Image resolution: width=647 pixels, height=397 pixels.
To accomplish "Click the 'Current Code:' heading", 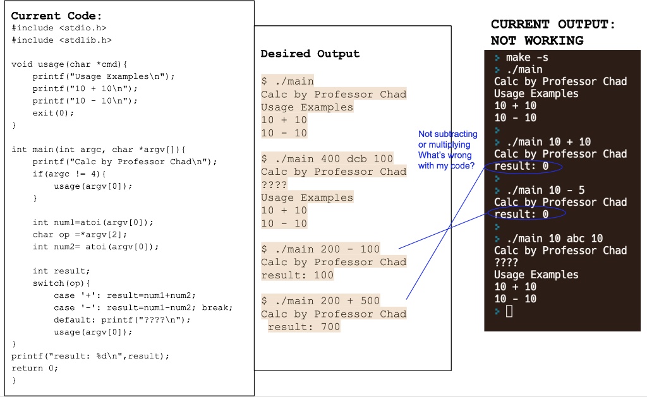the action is point(56,16).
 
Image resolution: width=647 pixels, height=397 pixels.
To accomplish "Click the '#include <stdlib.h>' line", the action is point(61,40).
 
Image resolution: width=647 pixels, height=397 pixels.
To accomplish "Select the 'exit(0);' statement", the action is point(53,112).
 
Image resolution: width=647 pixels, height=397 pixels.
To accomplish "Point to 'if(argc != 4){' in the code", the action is point(70,174).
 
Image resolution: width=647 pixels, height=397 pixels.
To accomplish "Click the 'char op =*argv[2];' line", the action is point(80,235).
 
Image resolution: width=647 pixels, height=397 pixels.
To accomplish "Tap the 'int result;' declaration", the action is point(61,271).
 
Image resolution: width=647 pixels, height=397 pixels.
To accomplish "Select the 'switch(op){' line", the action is point(61,283).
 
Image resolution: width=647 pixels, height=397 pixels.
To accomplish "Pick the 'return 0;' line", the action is point(35,368).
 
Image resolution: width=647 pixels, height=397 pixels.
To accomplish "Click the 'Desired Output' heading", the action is point(310,54).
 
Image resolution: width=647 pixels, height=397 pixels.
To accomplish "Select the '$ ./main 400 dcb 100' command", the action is point(327,158).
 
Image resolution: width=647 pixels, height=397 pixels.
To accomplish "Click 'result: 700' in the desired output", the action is point(304,327).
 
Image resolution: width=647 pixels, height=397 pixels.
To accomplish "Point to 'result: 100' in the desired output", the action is point(298,275).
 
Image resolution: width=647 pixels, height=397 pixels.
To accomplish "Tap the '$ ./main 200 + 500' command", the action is point(320,300).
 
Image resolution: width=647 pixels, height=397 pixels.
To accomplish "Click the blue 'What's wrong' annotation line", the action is point(445,155).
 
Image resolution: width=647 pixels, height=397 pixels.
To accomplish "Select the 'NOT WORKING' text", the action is point(537,40).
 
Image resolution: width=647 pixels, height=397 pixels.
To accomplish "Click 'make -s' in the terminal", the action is point(527,57).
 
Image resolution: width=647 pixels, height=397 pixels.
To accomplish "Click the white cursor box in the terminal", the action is point(509,311).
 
